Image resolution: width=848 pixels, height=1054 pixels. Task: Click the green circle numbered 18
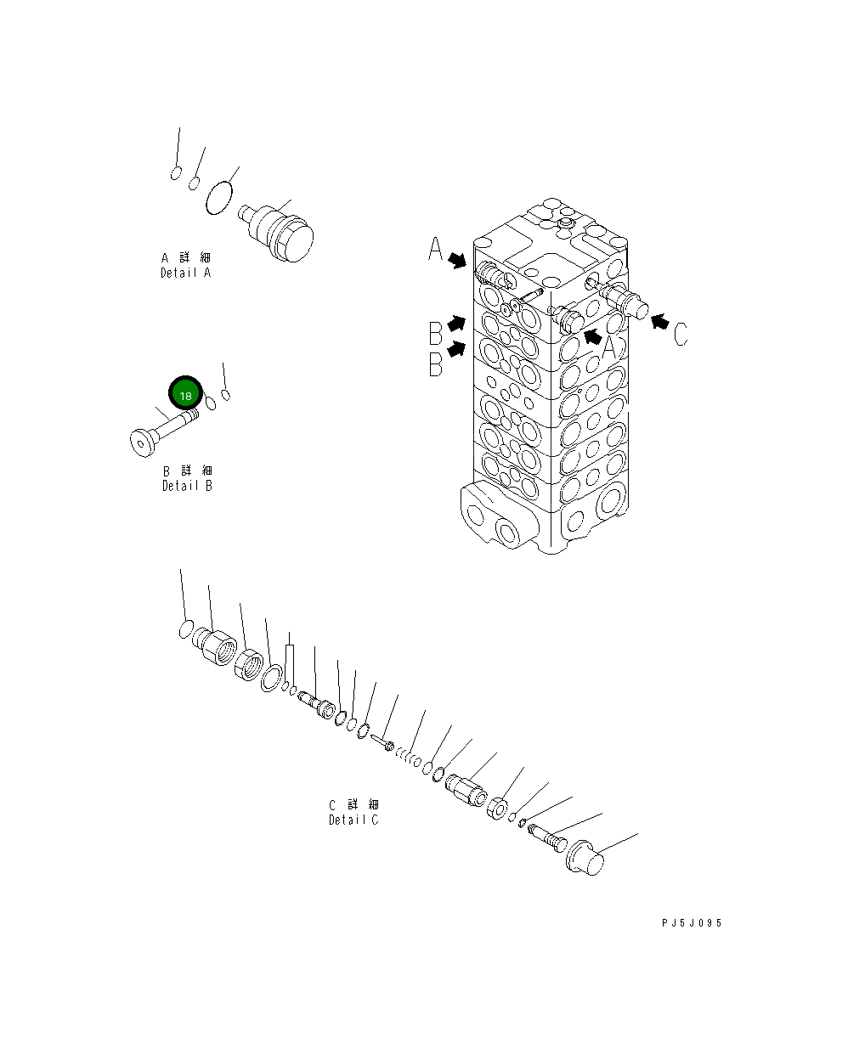point(185,395)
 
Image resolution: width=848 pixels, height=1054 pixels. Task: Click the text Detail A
point(185,273)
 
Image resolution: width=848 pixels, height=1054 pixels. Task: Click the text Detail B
point(187,486)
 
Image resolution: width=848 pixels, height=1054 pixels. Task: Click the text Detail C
point(353,820)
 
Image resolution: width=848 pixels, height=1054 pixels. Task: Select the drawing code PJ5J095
point(692,923)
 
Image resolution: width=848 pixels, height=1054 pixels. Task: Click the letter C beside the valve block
point(681,334)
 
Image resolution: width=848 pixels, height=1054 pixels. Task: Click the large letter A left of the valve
point(435,250)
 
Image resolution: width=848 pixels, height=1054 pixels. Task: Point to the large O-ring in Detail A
point(219,198)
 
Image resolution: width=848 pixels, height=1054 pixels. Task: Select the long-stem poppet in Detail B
point(161,431)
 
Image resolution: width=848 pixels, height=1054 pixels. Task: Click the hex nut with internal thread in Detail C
point(249,664)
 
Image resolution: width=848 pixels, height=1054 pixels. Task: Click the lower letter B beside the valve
point(435,364)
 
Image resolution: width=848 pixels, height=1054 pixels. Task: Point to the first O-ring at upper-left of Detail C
point(184,629)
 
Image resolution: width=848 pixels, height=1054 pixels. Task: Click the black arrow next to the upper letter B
point(457,324)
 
